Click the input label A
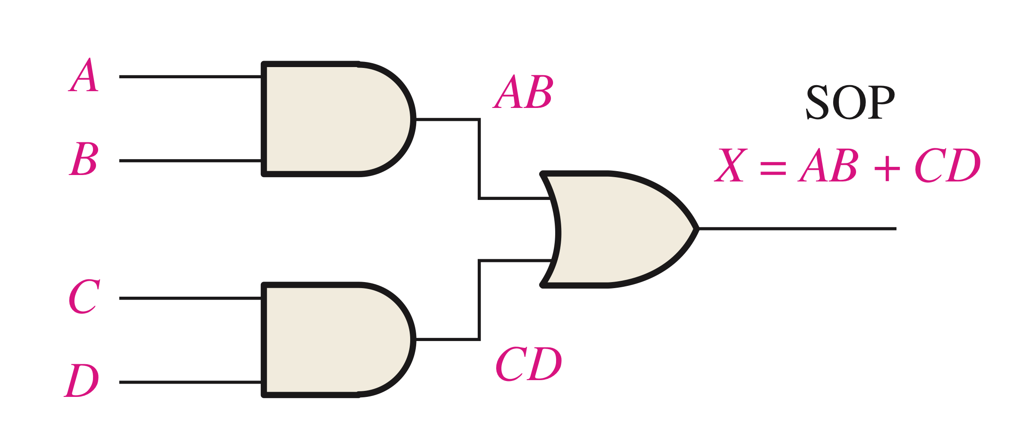[x=84, y=75]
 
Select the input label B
[x=84, y=159]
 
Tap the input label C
[x=84, y=296]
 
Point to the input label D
[x=82, y=380]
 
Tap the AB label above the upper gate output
[x=523, y=92]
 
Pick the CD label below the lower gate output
[x=529, y=364]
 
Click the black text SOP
[x=850, y=102]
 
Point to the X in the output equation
[x=730, y=165]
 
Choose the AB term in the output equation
[x=828, y=165]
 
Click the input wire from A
[x=189, y=77]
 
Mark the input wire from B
[x=189, y=161]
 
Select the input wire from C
[x=189, y=298]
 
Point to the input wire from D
[x=189, y=382]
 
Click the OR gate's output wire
[x=796, y=229]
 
